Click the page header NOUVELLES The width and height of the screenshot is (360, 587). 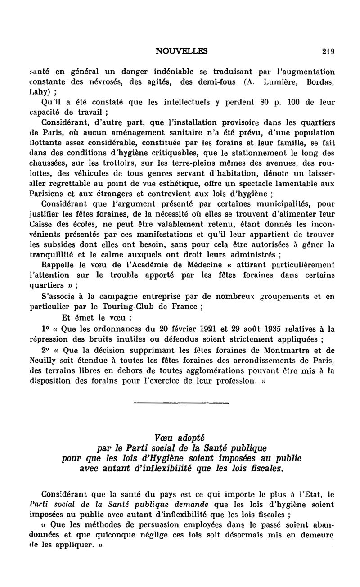pyautogui.click(x=181, y=51)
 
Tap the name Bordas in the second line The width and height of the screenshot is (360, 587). pyautogui.click(x=320, y=82)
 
